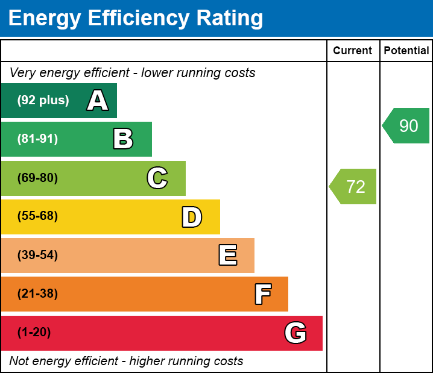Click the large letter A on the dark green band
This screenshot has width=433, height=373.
tap(98, 101)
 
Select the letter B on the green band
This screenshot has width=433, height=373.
tap(123, 139)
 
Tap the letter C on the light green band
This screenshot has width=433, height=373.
tap(157, 178)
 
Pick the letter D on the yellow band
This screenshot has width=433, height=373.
tap(192, 217)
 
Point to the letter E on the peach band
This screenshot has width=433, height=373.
tap(227, 255)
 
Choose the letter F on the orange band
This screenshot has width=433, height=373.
tap(262, 294)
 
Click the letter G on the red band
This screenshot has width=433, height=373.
tap(296, 333)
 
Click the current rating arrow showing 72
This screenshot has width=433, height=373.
tap(354, 187)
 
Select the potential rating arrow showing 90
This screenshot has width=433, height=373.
tap(407, 126)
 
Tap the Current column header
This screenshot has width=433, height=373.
tap(353, 51)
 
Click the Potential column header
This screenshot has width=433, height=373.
tap(406, 51)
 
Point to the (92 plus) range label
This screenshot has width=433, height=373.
tap(43, 101)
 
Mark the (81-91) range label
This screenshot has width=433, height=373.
tap(37, 139)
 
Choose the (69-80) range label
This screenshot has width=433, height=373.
tap(37, 178)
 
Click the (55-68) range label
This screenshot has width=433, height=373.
tap(37, 216)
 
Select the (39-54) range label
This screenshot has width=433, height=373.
tap(37, 255)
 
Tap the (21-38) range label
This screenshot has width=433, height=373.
tap(37, 294)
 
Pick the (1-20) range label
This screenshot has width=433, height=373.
tap(34, 333)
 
